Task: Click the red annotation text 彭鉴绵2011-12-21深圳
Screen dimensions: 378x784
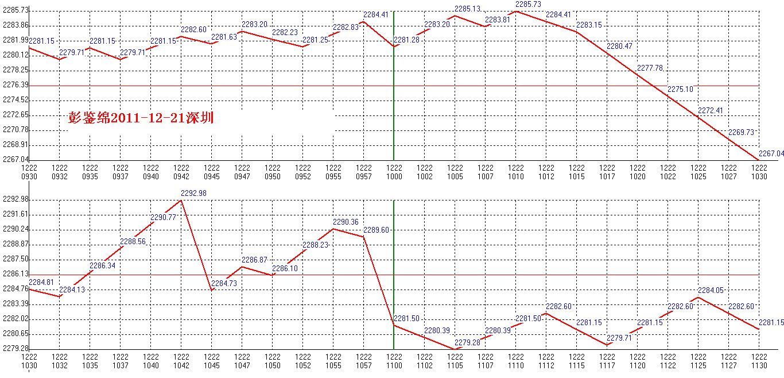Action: pos(141,118)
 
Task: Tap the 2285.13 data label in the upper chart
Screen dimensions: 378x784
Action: pos(467,9)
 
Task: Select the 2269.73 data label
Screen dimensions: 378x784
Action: pos(741,132)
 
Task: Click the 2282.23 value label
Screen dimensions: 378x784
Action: pos(285,32)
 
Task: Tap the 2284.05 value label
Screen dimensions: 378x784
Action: pos(711,290)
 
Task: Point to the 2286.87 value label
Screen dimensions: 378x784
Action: pos(254,260)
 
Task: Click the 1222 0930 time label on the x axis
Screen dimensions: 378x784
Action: pos(29,172)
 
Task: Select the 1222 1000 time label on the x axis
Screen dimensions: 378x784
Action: pos(394,172)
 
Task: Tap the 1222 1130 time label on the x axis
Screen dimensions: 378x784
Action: pos(759,361)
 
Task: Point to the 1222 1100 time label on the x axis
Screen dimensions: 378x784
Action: pos(394,361)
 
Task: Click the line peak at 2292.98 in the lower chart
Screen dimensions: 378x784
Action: pos(181,200)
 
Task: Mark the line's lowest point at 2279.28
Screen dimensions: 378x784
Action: pos(455,349)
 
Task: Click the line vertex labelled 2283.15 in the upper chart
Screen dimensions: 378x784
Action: pos(577,32)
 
